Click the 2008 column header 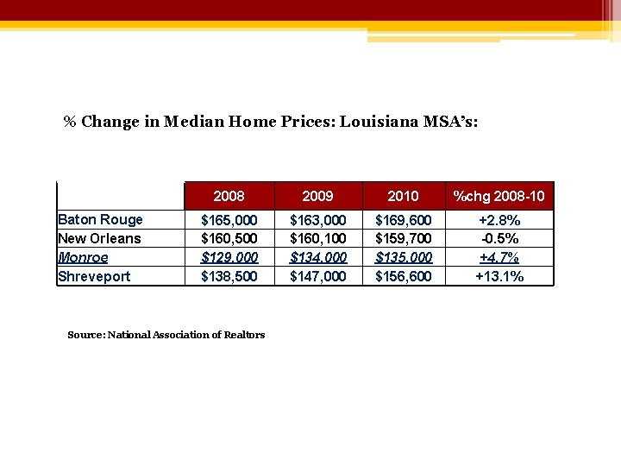coord(229,196)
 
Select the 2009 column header coord(317,196)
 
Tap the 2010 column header coord(403,196)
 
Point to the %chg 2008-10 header coord(499,196)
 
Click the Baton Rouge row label coord(100,219)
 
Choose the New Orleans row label coord(99,238)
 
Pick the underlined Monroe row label coord(83,257)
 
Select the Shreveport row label coord(94,276)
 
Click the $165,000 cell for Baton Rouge coord(229,220)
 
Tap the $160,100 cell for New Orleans coord(318,238)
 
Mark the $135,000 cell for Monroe coord(404,257)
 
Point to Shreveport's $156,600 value coord(404,276)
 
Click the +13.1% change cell coord(499,276)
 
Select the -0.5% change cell coord(499,238)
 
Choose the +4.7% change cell coord(499,257)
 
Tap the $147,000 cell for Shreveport coord(318,276)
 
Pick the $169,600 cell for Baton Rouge coord(404,220)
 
